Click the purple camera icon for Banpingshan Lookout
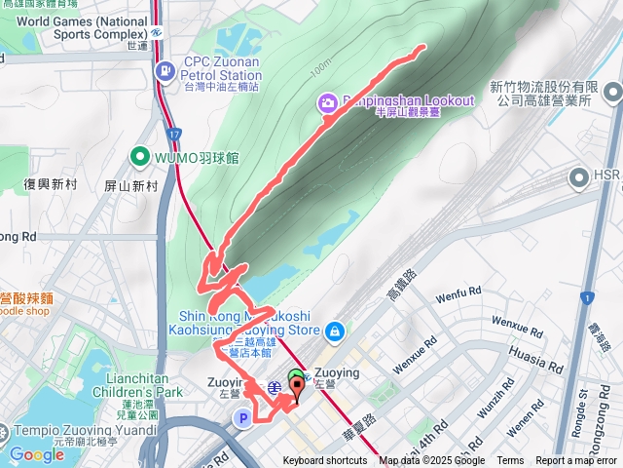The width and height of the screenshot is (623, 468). [x=327, y=101]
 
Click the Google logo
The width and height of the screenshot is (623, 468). [x=36, y=454]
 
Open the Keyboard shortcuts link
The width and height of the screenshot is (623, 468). [x=325, y=461]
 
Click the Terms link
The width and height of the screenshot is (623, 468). [x=510, y=461]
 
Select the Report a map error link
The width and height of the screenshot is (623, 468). [x=577, y=461]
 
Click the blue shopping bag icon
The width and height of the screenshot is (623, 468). [x=335, y=331]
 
